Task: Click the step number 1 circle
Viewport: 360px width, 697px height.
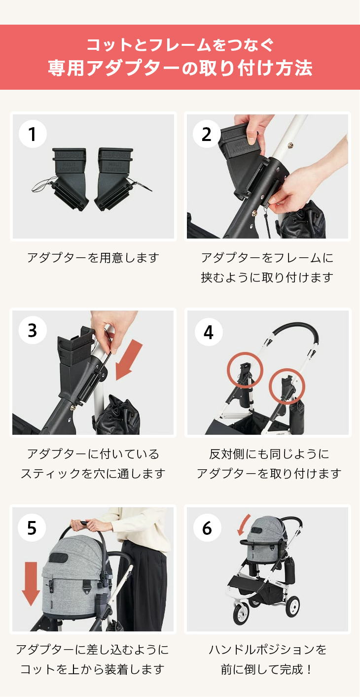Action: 33,134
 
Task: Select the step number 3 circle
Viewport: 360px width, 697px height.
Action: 33,330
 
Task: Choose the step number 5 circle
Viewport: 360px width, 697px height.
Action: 32,527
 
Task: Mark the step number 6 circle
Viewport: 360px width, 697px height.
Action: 207,527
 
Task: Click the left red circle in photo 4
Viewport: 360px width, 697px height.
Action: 244,370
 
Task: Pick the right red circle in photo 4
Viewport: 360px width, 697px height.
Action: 287,385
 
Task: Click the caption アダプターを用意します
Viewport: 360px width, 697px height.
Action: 93,258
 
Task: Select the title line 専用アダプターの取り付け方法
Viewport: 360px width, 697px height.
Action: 180,68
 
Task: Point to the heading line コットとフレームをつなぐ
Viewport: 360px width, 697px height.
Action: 180,45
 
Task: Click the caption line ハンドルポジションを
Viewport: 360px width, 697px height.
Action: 268,650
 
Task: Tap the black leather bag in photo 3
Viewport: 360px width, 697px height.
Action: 118,417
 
